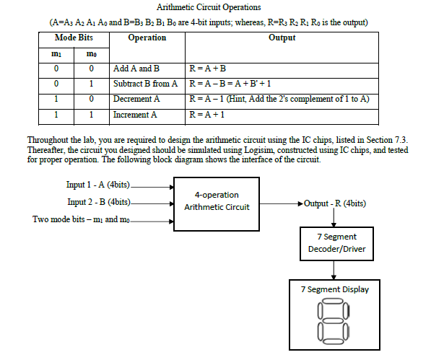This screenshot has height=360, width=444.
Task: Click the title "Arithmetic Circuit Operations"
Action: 208,8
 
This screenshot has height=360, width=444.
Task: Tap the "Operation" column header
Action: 147,38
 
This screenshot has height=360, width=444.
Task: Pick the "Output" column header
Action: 282,38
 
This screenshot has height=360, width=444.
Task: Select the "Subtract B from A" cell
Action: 145,84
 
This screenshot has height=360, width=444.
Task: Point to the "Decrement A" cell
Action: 137,99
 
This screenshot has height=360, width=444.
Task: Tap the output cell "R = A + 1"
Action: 206,114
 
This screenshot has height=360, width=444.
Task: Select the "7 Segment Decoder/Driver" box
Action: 333,243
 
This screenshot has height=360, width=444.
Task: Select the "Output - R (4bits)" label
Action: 334,202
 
